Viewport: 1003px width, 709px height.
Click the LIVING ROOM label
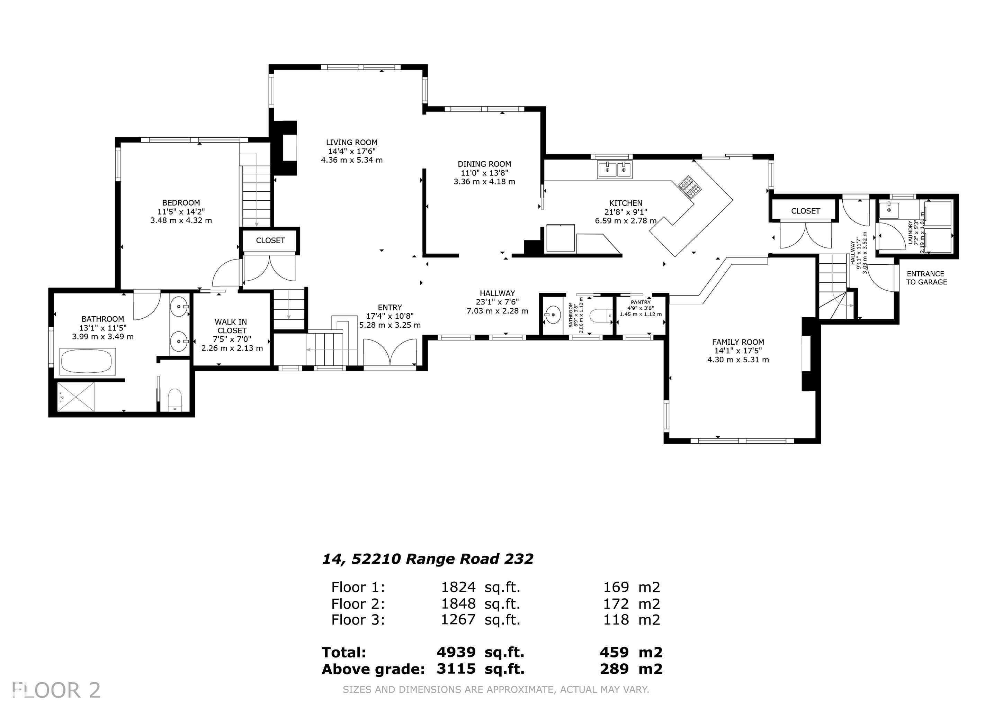[352, 142]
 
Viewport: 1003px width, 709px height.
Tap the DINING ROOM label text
[484, 164]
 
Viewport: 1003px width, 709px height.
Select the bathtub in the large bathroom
[87, 362]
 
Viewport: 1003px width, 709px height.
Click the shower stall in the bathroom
[76, 397]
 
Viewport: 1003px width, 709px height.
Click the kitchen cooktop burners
[690, 187]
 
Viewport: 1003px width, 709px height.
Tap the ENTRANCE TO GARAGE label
[926, 278]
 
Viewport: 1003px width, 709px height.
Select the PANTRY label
[641, 302]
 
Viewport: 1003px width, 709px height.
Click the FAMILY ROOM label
[738, 342]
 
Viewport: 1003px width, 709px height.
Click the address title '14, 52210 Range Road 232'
[428, 559]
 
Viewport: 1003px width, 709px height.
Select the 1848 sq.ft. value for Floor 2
[481, 604]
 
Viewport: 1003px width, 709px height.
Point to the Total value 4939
[456, 652]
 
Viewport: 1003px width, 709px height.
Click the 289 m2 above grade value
[631, 669]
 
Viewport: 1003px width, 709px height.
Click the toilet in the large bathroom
[175, 399]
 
